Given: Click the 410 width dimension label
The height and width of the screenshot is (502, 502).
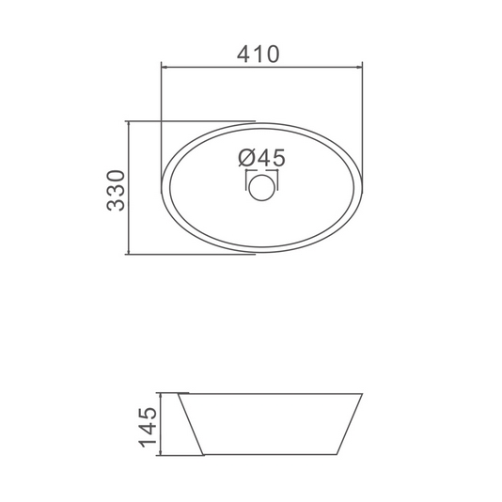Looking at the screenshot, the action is pos(258,55).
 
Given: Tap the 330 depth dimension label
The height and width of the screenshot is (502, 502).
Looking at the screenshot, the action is pos(116,191).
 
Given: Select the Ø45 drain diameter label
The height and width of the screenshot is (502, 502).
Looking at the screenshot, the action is pos(261,158).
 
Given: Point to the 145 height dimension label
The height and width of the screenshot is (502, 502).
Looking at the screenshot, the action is pos(148,428).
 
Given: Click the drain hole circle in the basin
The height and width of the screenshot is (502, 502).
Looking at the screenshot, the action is pos(262,188).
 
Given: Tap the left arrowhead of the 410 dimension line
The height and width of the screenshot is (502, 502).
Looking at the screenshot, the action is pos(165,68).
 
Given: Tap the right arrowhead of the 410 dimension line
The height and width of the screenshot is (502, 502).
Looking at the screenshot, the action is pos(359,68).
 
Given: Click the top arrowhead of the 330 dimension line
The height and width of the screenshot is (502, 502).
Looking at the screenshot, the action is pos(128,124).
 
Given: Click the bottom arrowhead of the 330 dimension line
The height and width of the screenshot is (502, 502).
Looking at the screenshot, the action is pos(128,251).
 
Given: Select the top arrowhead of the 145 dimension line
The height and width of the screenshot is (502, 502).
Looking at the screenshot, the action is pos(161,397).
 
